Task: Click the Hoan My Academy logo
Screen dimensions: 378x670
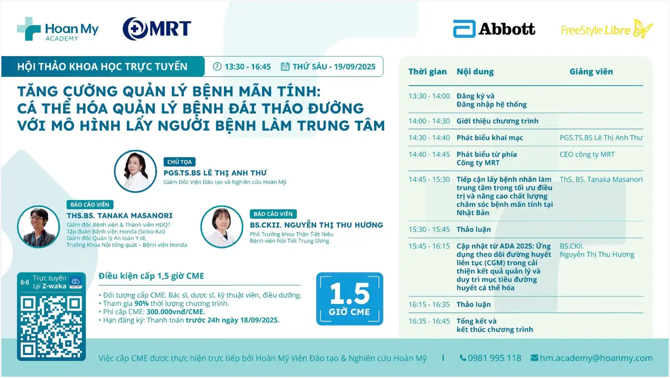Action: pyautogui.click(x=58, y=29)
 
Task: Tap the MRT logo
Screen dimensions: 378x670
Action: pyautogui.click(x=157, y=29)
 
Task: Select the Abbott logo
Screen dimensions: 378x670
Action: pyautogui.click(x=494, y=29)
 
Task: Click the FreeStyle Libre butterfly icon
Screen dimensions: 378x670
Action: pyautogui.click(x=642, y=29)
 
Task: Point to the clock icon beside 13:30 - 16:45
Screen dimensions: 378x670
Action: pyautogui.click(x=217, y=67)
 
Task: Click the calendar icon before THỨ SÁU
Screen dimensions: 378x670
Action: pyautogui.click(x=285, y=67)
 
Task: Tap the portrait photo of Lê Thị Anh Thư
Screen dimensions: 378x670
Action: pyautogui.click(x=136, y=171)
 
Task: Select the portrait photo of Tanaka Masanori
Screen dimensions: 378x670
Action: pyautogui.click(x=39, y=227)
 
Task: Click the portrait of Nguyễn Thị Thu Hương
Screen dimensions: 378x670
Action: pyautogui.click(x=222, y=227)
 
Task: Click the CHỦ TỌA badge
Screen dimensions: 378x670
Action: pyautogui.click(x=179, y=162)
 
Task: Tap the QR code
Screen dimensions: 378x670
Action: pyautogui.click(x=52, y=327)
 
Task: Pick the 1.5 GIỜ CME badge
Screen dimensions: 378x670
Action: pyautogui.click(x=349, y=299)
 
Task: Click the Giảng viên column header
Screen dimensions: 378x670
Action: pyautogui.click(x=591, y=72)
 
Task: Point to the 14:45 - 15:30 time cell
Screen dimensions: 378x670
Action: pyautogui.click(x=429, y=179)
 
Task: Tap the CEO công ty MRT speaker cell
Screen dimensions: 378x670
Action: pyautogui.click(x=587, y=155)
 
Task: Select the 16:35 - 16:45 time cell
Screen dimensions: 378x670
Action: pyautogui.click(x=429, y=321)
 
